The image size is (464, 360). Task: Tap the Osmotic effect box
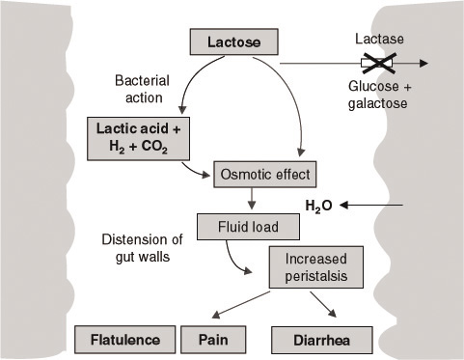click(x=263, y=175)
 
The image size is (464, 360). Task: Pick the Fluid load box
click(x=236, y=227)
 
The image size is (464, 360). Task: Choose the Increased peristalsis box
click(x=314, y=264)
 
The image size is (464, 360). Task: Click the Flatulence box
click(x=125, y=340)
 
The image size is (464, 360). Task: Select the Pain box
click(x=212, y=340)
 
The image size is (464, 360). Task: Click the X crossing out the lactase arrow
click(x=376, y=65)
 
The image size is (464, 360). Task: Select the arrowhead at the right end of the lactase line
click(x=423, y=65)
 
